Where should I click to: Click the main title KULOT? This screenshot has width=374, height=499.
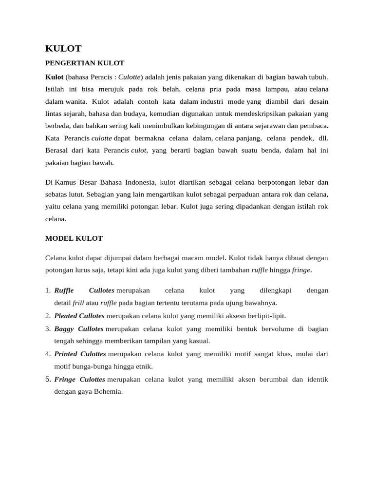pos(63,48)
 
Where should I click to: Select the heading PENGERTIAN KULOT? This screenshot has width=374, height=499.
pos(85,63)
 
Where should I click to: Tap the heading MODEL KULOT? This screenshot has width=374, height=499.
pos(74,238)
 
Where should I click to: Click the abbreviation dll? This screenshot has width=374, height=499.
pos(323,138)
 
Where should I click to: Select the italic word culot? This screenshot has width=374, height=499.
pos(138,151)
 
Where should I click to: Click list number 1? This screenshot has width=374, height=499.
pos(48,290)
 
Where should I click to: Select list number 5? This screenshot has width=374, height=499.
pos(48,379)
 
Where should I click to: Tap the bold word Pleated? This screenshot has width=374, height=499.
pos(66,316)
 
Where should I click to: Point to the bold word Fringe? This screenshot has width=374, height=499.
pos(64,379)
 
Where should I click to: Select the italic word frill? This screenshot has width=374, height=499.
pos(78,303)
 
